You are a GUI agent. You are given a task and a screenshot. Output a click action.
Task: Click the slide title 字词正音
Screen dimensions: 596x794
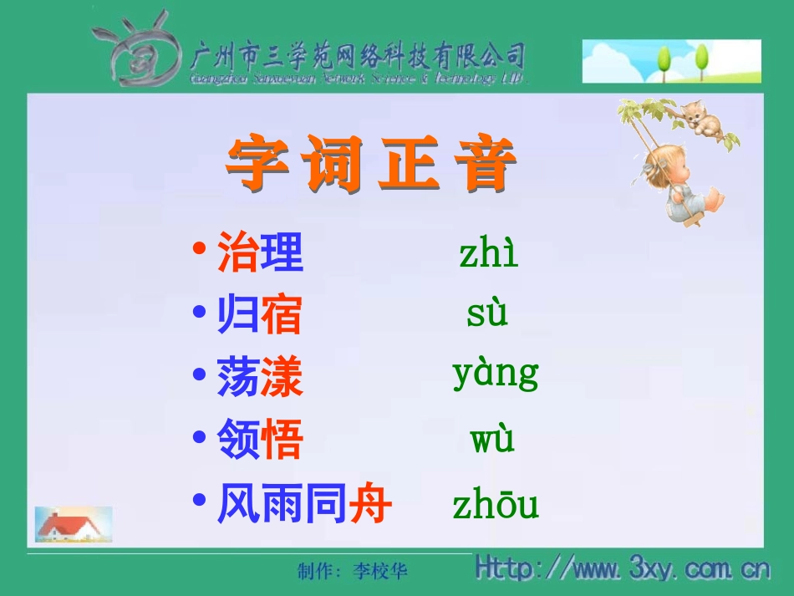[371, 165]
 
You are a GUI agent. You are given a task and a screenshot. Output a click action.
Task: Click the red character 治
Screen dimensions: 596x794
[238, 253]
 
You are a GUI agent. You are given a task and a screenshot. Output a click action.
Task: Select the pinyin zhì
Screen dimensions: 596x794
[488, 252]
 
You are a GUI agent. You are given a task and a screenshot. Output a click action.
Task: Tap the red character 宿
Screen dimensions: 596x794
[282, 316]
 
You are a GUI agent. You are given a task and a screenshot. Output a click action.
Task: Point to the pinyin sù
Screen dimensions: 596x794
[487, 314]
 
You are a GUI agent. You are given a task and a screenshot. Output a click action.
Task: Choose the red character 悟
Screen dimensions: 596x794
[282, 441]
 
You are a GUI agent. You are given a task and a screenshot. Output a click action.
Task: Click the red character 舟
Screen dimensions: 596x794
[371, 505]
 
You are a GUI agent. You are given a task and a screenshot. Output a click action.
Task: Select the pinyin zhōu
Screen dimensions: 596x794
[496, 505]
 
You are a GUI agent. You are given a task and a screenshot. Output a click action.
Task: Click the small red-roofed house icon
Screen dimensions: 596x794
[73, 524]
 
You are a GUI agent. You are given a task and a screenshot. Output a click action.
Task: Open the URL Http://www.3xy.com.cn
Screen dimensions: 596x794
[622, 568]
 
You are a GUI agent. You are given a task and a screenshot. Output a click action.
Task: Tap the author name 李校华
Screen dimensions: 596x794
[380, 571]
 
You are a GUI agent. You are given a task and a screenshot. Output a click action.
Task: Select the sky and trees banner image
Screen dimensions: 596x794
[671, 61]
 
